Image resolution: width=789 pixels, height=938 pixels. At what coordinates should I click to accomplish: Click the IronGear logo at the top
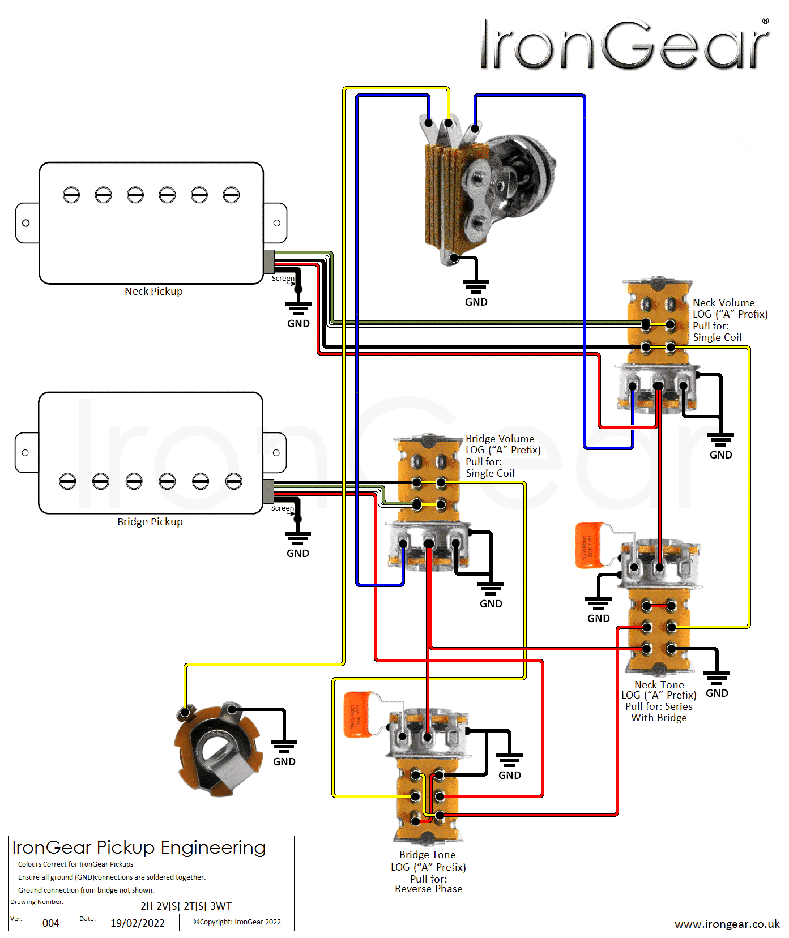(x=623, y=45)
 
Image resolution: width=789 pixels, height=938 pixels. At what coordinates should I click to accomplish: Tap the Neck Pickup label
(x=153, y=292)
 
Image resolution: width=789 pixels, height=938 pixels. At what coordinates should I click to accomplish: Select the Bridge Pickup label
(x=150, y=522)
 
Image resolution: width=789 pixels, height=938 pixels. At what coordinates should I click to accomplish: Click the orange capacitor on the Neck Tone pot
(x=590, y=545)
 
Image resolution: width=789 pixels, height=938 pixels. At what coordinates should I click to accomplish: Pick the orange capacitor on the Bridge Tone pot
(x=358, y=714)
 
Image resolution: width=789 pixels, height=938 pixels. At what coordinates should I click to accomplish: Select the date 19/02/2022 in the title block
(x=137, y=923)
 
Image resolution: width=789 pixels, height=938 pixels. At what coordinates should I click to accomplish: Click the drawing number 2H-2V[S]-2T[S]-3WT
(x=186, y=906)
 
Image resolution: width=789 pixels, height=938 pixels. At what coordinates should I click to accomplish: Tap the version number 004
(x=51, y=923)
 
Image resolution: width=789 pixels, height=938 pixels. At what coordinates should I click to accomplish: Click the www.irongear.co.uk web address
(x=727, y=924)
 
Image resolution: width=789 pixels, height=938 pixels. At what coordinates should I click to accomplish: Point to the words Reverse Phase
(x=429, y=889)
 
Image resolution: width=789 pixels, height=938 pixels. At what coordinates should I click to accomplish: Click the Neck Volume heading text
(x=723, y=303)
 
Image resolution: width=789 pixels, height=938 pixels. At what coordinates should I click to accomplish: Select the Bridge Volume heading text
(x=500, y=439)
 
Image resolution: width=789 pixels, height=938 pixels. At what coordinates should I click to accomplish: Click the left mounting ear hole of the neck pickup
(x=25, y=223)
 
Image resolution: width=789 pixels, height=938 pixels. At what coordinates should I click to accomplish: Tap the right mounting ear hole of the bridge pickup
(x=276, y=453)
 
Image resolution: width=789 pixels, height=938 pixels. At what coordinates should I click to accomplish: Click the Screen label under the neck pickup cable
(x=283, y=279)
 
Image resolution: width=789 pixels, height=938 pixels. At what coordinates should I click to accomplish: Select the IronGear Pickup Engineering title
(x=139, y=847)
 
